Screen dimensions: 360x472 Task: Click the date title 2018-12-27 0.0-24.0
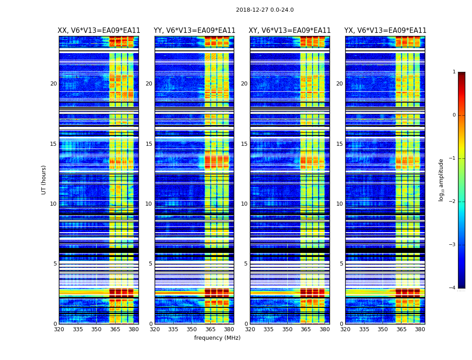pyautogui.click(x=265, y=10)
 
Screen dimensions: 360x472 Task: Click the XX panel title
pyautogui.click(x=99, y=31)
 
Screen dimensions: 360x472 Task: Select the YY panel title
pyautogui.click(x=194, y=31)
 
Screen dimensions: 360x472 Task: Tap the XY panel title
pyautogui.click(x=289, y=31)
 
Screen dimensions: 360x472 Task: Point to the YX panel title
pyautogui.click(x=385, y=31)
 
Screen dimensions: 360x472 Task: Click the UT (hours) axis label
pyautogui.click(x=44, y=180)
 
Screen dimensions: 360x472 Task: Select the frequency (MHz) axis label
pyautogui.click(x=217, y=338)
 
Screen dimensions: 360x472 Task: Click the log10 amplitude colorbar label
pyautogui.click(x=441, y=180)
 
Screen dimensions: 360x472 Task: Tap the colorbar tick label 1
pyautogui.click(x=454, y=72)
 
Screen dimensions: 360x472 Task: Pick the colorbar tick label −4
pyautogui.click(x=453, y=288)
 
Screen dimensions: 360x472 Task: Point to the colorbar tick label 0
pyautogui.click(x=454, y=115)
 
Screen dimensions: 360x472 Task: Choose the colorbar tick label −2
pyautogui.click(x=453, y=202)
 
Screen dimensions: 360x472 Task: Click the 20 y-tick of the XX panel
pyautogui.click(x=53, y=84)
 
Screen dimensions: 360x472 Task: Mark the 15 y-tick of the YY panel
pyautogui.click(x=149, y=144)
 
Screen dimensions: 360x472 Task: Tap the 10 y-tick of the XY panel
pyautogui.click(x=244, y=204)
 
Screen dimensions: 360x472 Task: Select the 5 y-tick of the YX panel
pyautogui.click(x=341, y=264)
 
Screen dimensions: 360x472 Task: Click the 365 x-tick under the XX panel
pyautogui.click(x=115, y=329)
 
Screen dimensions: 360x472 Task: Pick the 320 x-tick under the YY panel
pyautogui.click(x=155, y=329)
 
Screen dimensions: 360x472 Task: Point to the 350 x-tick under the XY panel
pyautogui.click(x=287, y=329)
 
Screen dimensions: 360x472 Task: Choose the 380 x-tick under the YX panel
pyautogui.click(x=420, y=329)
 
